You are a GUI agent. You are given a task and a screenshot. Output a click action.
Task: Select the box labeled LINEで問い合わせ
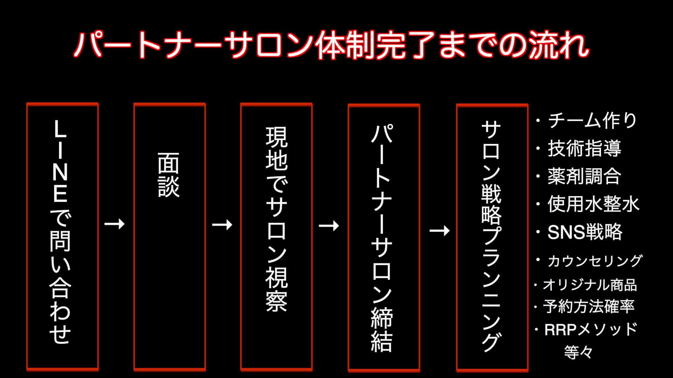[62, 236]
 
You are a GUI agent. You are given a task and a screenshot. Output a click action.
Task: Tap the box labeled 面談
[169, 236]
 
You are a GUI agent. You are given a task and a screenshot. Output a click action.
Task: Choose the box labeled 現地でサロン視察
[276, 236]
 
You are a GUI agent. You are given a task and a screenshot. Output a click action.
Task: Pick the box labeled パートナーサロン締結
[383, 237]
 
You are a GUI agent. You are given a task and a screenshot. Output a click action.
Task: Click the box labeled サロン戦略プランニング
[492, 237]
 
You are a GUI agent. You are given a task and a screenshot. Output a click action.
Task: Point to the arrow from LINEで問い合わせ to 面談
[115, 224]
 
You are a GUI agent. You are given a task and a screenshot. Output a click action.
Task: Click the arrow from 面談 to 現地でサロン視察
[222, 224]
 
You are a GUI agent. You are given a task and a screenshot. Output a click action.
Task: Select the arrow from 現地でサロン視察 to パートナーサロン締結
[329, 226]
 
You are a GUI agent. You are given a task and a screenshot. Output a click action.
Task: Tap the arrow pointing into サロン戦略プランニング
[440, 231]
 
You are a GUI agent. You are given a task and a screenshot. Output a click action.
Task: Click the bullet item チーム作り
[592, 120]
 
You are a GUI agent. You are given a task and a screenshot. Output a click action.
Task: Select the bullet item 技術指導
[584, 148]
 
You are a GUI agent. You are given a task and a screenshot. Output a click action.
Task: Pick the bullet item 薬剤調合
[584, 176]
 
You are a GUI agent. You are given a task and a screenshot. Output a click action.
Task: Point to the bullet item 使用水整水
[593, 204]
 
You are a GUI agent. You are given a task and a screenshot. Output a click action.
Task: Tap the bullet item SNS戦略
[585, 232]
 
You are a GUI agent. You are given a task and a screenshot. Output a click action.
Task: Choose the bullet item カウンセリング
[594, 261]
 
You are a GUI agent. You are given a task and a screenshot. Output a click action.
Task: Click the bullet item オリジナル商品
[590, 285]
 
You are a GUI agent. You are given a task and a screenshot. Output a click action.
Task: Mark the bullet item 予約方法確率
[589, 307]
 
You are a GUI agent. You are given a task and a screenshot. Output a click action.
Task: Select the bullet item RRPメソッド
[591, 330]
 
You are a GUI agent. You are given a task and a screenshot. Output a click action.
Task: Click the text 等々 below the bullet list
[578, 352]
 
